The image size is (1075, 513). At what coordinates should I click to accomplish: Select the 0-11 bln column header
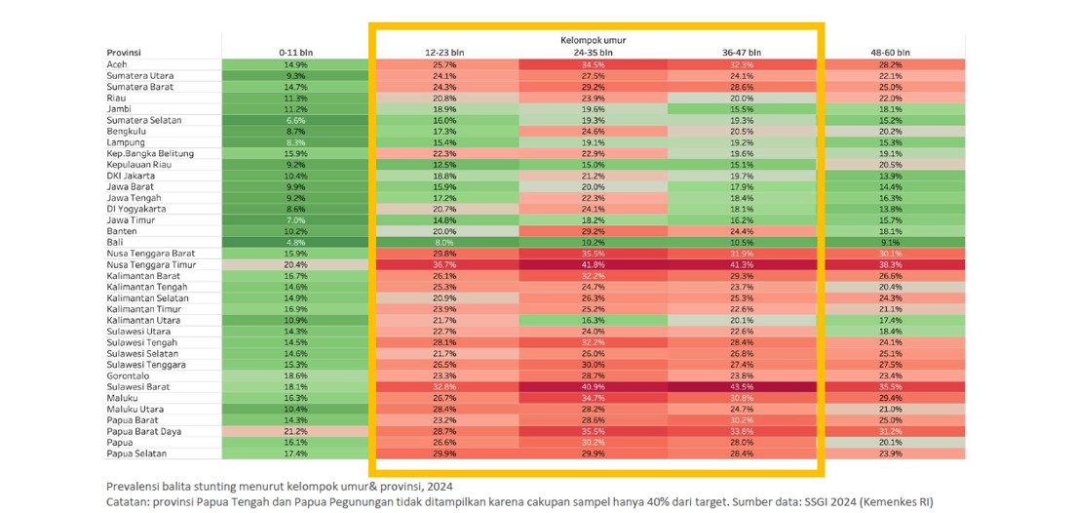click(295, 52)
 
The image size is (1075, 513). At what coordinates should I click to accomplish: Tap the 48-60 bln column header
click(890, 52)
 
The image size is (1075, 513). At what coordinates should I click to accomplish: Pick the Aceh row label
click(116, 64)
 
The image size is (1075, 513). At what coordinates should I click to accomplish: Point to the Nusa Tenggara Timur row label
click(150, 264)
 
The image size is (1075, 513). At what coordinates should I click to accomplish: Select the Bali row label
click(114, 242)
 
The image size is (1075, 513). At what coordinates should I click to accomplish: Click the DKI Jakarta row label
click(132, 176)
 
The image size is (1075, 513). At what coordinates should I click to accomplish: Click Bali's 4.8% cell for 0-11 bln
click(295, 242)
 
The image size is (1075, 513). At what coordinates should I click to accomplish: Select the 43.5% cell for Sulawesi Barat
click(742, 386)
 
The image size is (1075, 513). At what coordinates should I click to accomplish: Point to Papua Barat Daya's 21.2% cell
click(295, 431)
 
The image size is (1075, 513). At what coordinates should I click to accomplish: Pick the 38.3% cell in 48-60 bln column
click(890, 264)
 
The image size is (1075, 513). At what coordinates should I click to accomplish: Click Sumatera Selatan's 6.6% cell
click(295, 120)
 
